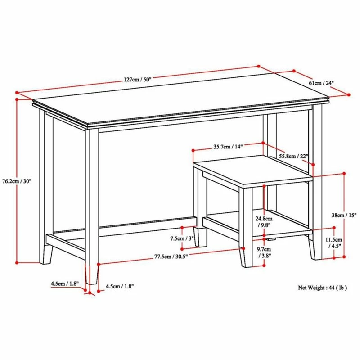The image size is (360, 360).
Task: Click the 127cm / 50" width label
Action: pyautogui.click(x=138, y=80)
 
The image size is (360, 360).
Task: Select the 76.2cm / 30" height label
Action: pyautogui.click(x=17, y=181)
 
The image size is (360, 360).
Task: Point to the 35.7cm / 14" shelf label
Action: pyautogui.click(x=228, y=147)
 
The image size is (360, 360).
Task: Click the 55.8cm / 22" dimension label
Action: pyautogui.click(x=293, y=156)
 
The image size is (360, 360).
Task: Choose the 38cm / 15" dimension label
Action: pyautogui.click(x=344, y=215)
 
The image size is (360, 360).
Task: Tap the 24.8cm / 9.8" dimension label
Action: pyautogui.click(x=264, y=222)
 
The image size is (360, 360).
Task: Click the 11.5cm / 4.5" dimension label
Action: pyautogui.click(x=333, y=243)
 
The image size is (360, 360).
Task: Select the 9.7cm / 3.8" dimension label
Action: pyautogui.click(x=264, y=252)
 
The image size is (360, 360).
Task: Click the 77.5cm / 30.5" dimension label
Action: pyautogui.click(x=171, y=256)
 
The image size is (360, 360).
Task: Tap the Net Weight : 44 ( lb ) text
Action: pyautogui.click(x=322, y=288)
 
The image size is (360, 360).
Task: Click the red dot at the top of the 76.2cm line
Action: pyautogui.click(x=17, y=99)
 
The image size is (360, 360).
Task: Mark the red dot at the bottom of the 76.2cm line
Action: pyautogui.click(x=17, y=263)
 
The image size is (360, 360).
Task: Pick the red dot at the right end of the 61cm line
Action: pyautogui.click(x=349, y=94)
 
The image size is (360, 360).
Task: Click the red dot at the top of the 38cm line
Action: pyautogui.click(x=344, y=173)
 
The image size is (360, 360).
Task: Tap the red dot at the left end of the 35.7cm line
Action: pyautogui.click(x=193, y=150)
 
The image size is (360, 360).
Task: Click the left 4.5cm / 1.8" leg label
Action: pyautogui.click(x=65, y=283)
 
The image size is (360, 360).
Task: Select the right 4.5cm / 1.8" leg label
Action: pyautogui.click(x=120, y=286)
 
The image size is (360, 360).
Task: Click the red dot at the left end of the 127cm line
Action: pyautogui.click(x=17, y=93)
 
